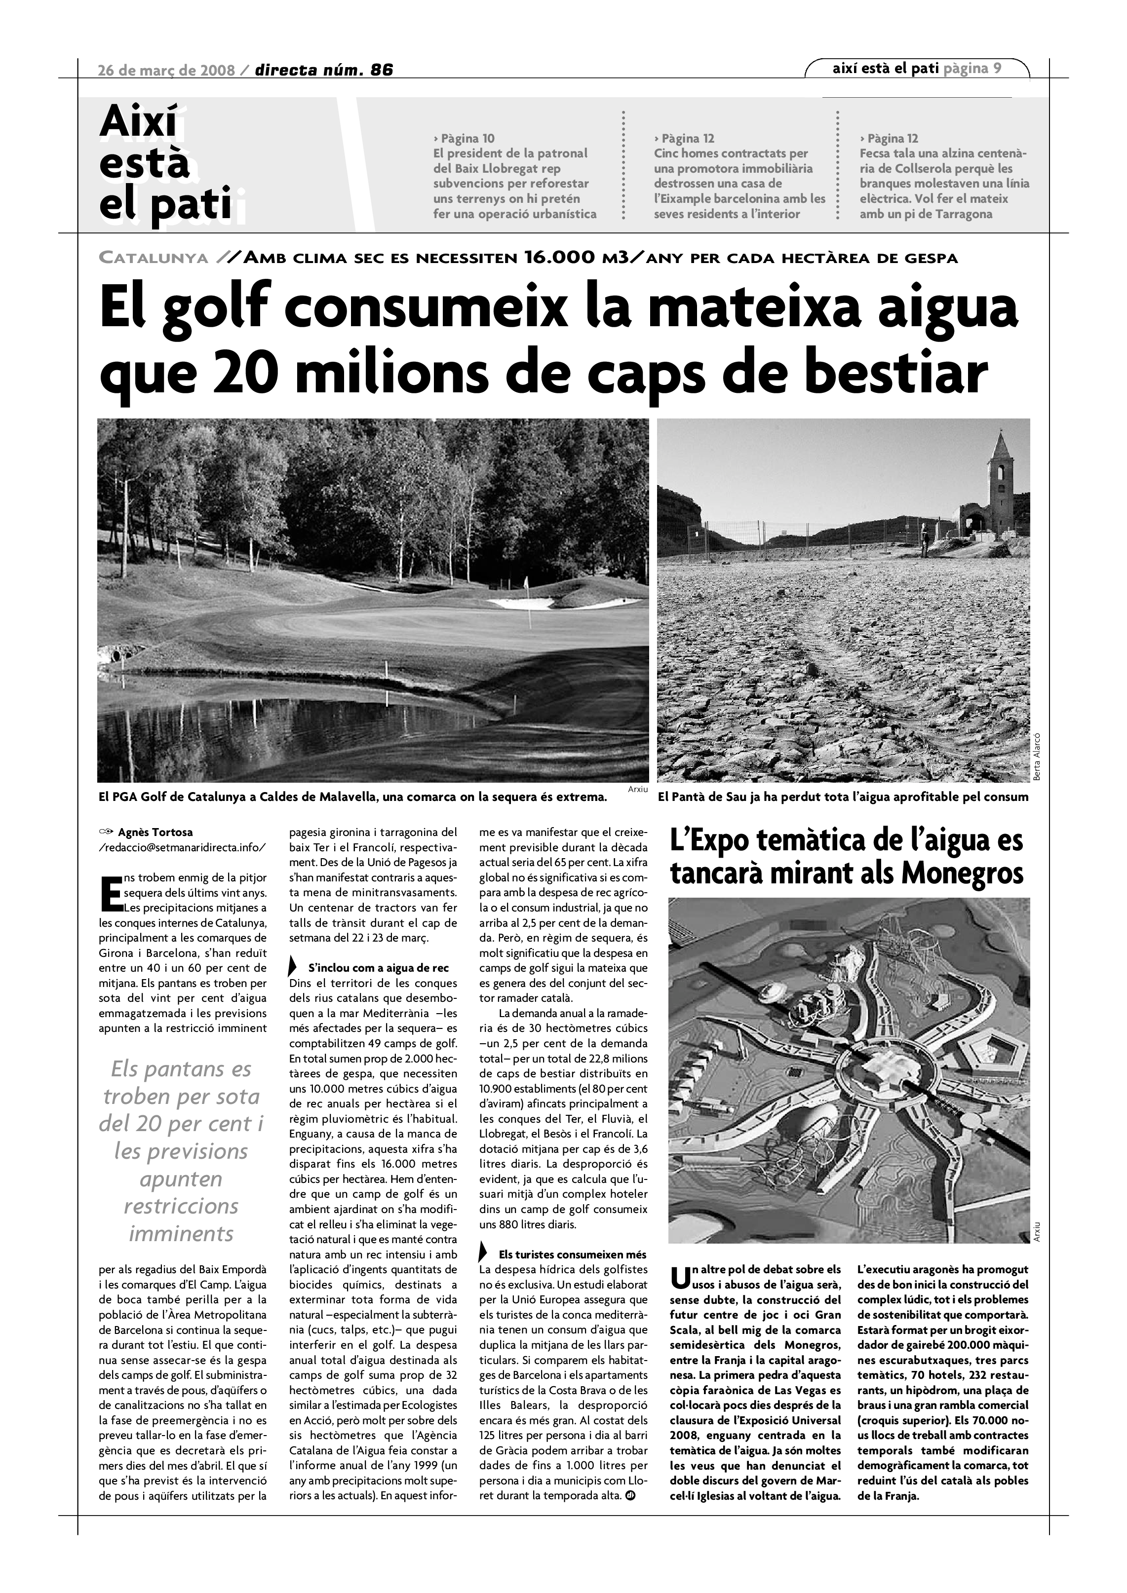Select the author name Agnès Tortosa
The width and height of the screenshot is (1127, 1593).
155,832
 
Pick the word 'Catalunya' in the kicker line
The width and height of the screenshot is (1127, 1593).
154,258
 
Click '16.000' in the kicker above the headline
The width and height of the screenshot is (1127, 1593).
559,258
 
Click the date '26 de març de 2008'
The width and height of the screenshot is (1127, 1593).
166,70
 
